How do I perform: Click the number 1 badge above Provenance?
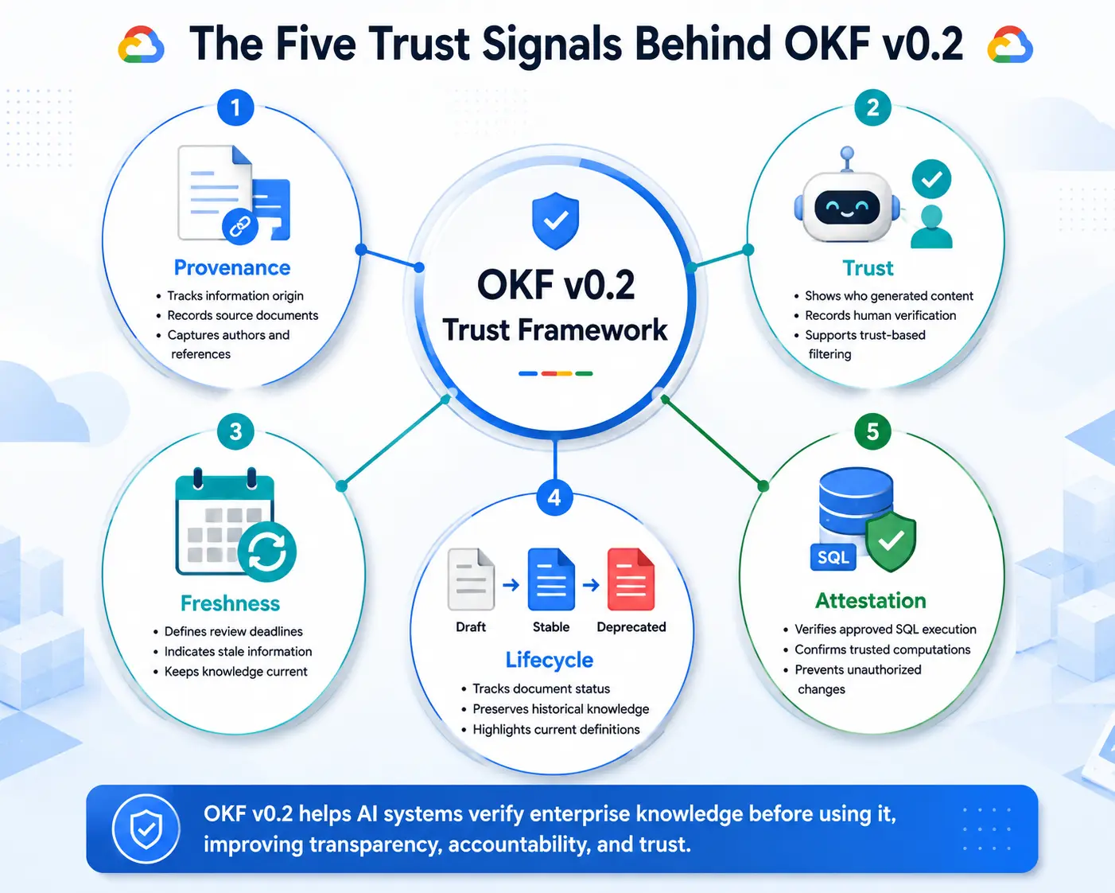[x=235, y=108]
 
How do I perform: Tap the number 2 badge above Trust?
[x=872, y=108]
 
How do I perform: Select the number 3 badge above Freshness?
[x=235, y=431]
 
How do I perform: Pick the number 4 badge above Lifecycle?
[x=554, y=498]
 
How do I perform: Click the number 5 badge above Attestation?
[x=872, y=431]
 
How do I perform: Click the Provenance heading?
[x=232, y=267]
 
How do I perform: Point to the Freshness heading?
[x=230, y=603]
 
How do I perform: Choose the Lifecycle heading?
[x=550, y=660]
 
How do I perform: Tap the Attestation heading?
[x=870, y=601]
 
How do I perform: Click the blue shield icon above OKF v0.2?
[x=555, y=220]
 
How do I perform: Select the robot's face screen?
[x=847, y=208]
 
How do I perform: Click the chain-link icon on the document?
[x=240, y=226]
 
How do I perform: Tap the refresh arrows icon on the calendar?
[x=267, y=552]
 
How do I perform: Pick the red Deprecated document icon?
[x=631, y=579]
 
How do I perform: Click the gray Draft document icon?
[x=471, y=579]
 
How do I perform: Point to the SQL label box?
[x=833, y=557]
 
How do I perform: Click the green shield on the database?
[x=892, y=541]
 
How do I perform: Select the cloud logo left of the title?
[x=141, y=45]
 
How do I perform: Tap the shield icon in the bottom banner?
[x=146, y=829]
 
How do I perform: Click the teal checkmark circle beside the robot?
[x=931, y=179]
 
